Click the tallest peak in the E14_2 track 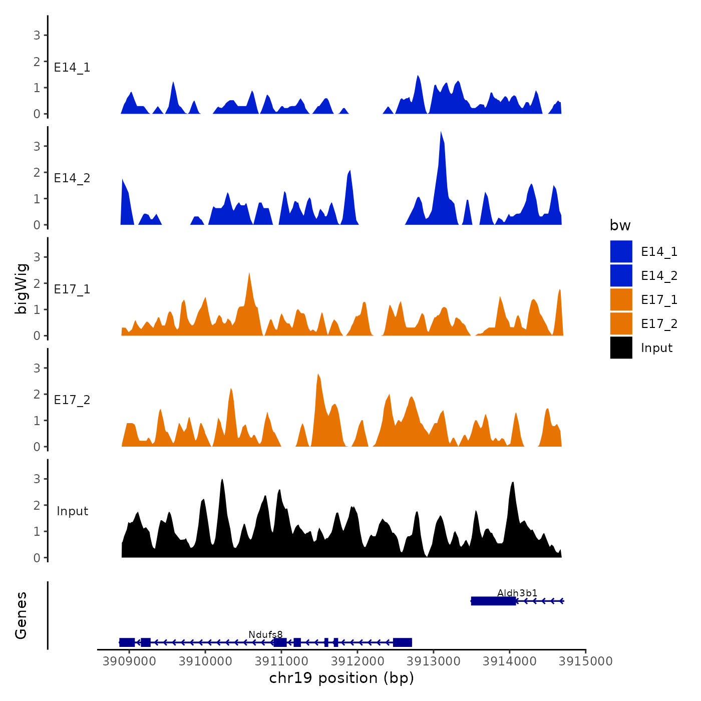click(441, 133)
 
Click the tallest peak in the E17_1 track click(249, 274)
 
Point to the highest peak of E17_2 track click(318, 376)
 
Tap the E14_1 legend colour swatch click(621, 251)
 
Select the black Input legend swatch click(621, 347)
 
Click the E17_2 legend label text click(659, 324)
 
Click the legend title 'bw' click(620, 225)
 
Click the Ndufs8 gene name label click(265, 635)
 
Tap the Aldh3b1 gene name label click(517, 593)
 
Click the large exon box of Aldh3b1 click(493, 601)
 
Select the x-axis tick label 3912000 click(358, 661)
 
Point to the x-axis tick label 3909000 click(129, 661)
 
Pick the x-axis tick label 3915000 click(585, 661)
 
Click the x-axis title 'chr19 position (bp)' click(341, 678)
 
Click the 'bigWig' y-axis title click(21, 288)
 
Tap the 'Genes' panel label click(21, 615)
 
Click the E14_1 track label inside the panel click(72, 68)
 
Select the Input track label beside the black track click(72, 511)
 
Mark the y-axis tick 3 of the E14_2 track click(37, 146)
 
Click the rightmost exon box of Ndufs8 click(402, 642)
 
